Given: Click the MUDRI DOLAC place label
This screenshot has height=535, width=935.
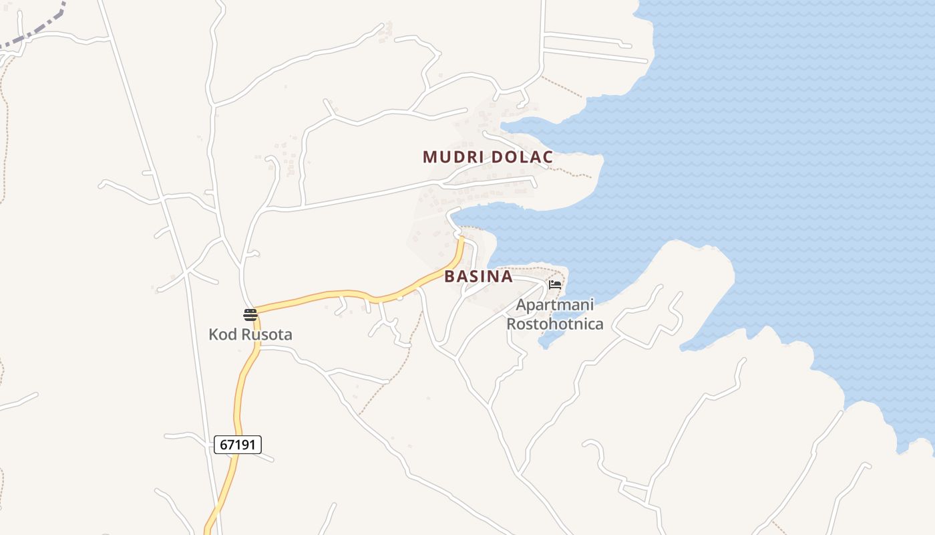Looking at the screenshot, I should click(x=488, y=157).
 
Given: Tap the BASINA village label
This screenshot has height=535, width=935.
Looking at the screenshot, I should click(x=478, y=276).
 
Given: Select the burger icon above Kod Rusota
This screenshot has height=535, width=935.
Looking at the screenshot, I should click(x=250, y=315).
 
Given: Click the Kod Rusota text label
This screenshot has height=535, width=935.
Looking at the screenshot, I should click(x=250, y=334).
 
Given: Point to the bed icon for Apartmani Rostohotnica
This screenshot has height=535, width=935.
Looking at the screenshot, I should click(x=555, y=284).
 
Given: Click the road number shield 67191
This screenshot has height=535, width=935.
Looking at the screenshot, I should click(x=238, y=444).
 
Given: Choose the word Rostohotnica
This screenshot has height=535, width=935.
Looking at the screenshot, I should click(x=555, y=324).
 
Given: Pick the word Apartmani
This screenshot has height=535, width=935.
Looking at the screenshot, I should click(x=555, y=306).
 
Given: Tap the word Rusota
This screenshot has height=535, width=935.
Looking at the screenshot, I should click(x=266, y=334).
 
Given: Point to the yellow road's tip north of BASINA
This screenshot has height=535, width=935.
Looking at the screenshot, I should click(x=461, y=239).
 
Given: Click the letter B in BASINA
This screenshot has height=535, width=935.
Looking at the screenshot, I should click(x=450, y=276).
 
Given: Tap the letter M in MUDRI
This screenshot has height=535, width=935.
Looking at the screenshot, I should click(x=429, y=157).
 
